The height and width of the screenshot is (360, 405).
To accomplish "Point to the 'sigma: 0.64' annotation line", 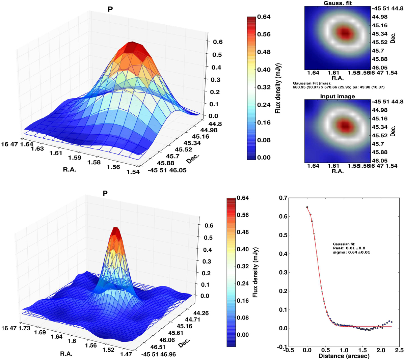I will [351, 252].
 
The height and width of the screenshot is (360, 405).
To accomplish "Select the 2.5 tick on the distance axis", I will [399, 350].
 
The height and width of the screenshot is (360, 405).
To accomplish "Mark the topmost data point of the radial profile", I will [307, 207].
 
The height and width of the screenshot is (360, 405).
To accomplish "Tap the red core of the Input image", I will [345, 126].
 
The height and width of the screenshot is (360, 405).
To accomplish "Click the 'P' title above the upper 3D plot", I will [110, 9].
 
